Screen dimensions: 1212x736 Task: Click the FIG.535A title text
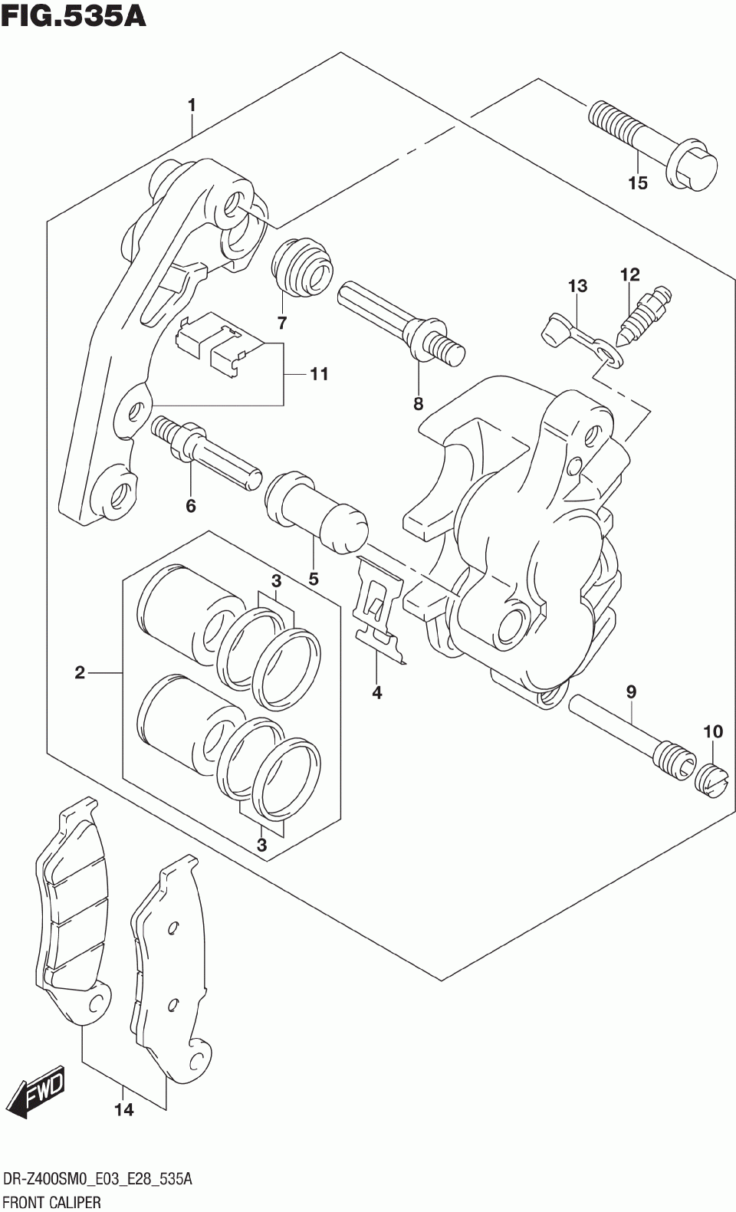click(x=74, y=15)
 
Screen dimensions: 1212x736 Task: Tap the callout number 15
click(x=637, y=183)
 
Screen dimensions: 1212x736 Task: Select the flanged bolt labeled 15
click(x=652, y=146)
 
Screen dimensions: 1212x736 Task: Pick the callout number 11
click(x=319, y=374)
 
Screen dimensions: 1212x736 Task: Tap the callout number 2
click(x=80, y=673)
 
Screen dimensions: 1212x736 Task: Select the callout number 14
click(x=123, y=1109)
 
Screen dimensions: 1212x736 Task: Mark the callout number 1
click(x=192, y=105)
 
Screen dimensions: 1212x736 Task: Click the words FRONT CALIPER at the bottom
click(x=53, y=1201)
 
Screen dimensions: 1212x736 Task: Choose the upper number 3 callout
click(x=276, y=580)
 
